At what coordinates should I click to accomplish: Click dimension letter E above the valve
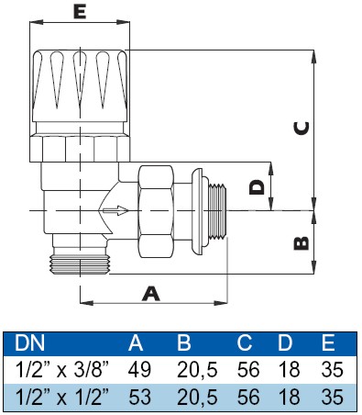(80, 13)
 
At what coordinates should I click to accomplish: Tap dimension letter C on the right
(302, 128)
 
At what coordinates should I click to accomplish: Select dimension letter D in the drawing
(257, 187)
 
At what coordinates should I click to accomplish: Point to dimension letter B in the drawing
(302, 243)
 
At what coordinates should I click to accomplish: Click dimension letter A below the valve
(151, 294)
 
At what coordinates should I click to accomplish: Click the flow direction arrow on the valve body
(115, 210)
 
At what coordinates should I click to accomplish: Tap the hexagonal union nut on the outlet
(156, 211)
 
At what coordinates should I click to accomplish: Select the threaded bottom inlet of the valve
(80, 264)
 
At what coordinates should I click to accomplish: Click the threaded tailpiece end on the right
(219, 211)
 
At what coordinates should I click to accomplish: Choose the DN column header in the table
(29, 342)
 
